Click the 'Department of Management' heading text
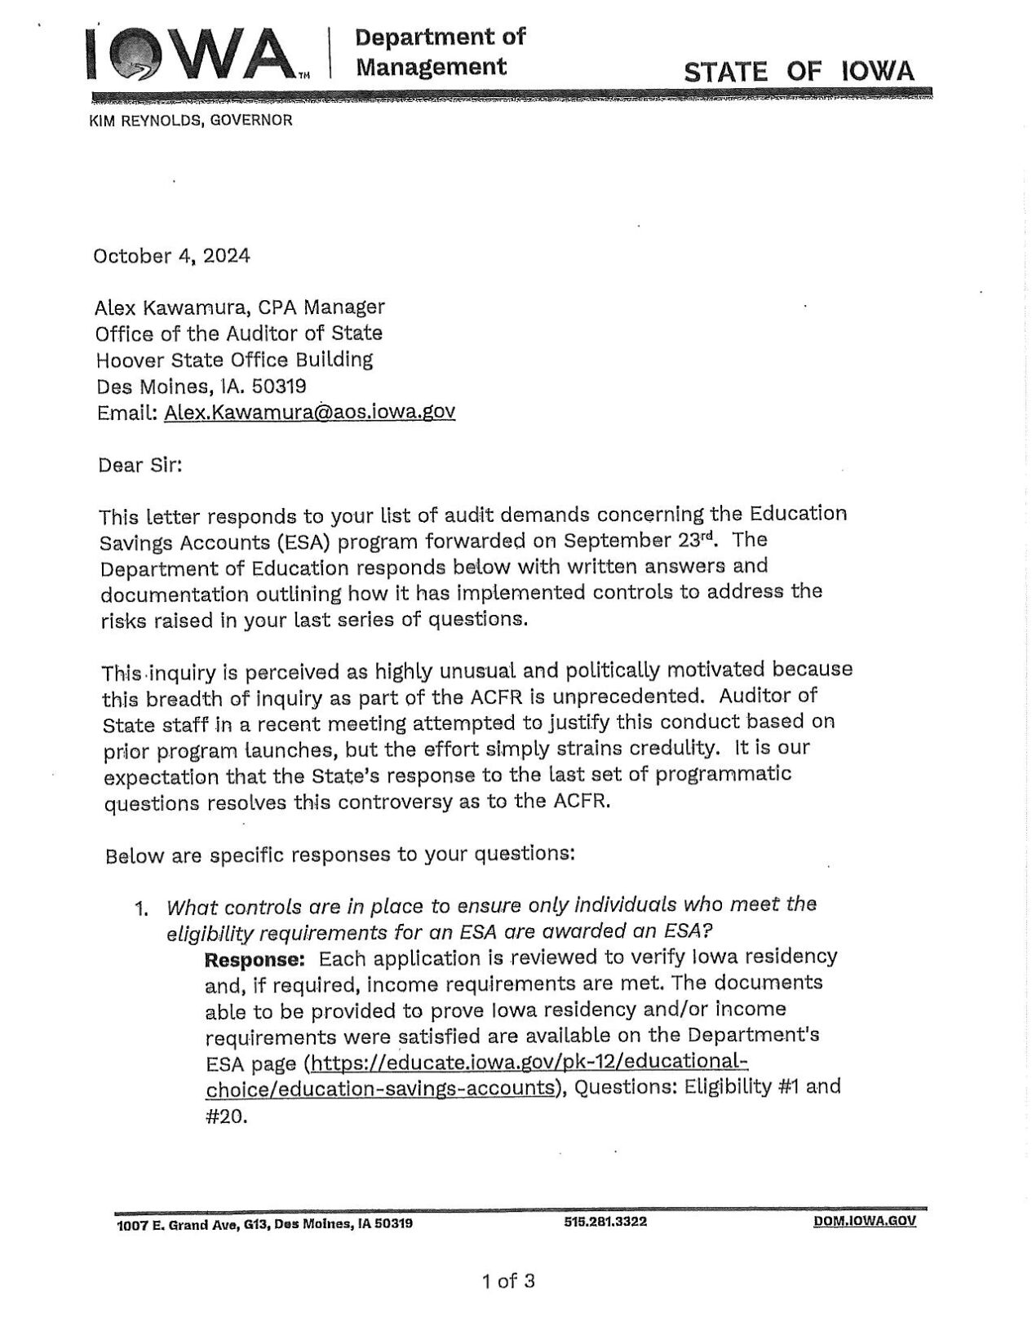441,51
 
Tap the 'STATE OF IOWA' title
799,71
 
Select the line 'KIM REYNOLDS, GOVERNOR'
189,121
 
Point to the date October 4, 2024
172,256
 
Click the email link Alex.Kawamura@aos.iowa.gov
309,412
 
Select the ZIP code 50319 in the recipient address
279,386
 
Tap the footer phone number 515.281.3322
605,1222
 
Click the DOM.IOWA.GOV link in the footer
864,1222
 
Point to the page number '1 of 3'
507,1281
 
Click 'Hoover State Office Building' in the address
234,360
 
